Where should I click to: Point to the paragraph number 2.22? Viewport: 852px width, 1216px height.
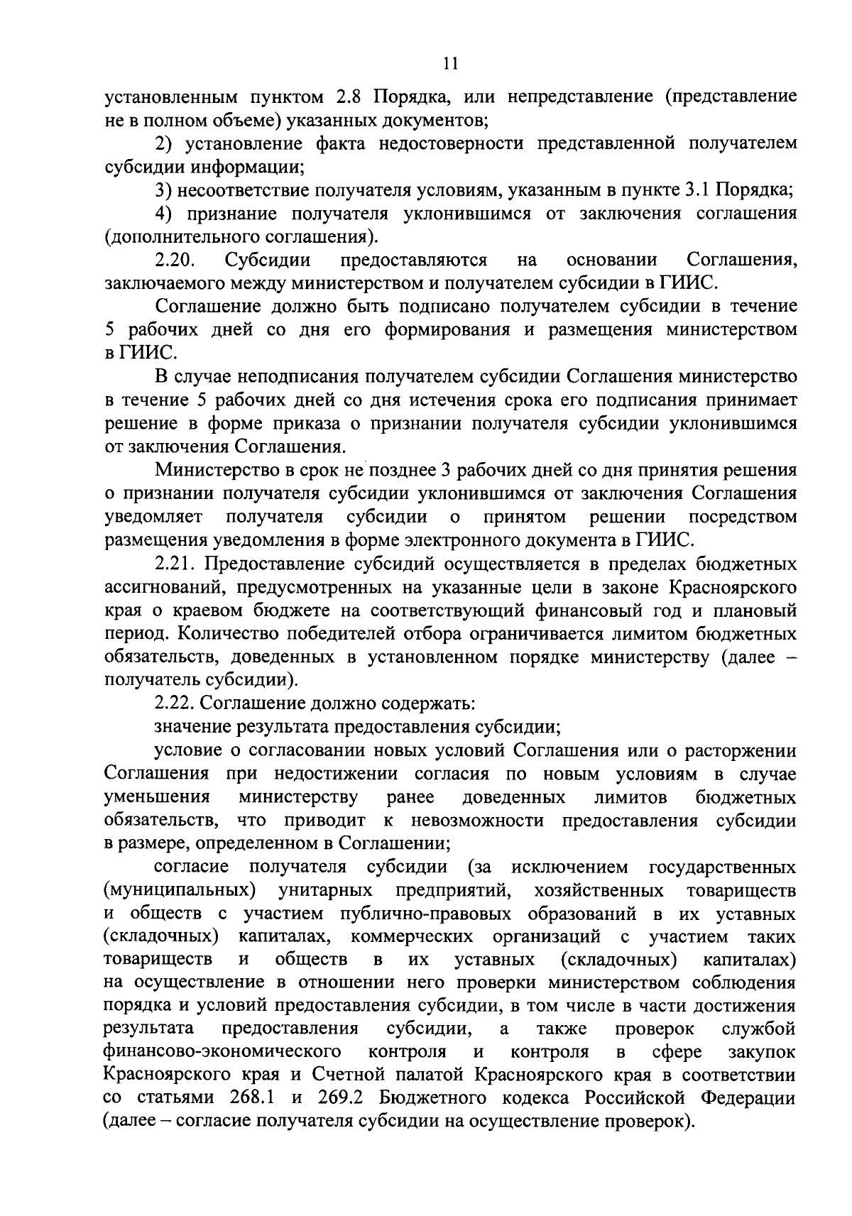point(175,703)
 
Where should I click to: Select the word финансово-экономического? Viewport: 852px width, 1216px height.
point(222,1051)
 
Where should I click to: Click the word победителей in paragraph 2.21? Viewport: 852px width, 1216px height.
point(332,633)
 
